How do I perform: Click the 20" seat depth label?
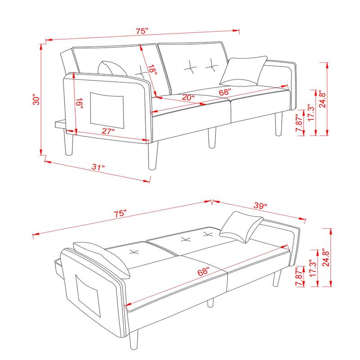pos(188,97)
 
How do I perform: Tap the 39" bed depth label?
pos(259,206)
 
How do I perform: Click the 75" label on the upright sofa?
pos(142,31)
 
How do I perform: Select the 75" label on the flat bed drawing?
pos(120,214)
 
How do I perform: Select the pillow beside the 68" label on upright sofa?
pos(243,71)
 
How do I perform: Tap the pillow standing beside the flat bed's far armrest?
pos(242,226)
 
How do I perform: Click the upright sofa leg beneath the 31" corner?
pos(152,155)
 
